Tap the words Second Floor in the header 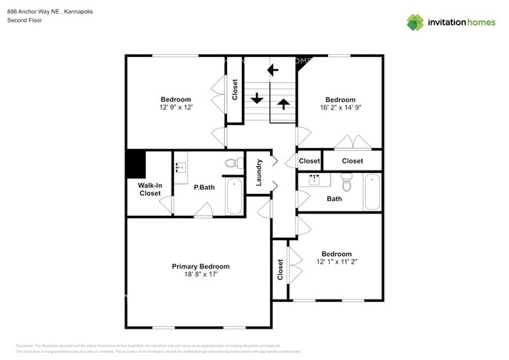23,20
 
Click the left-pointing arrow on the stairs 273,70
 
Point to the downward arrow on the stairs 256,99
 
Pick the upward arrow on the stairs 282,103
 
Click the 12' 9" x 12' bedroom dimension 175,108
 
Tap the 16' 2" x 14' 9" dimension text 341,109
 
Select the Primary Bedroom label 200,267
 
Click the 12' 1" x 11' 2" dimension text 336,263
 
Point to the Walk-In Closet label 150,189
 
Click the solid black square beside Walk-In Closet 136,164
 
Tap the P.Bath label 204,187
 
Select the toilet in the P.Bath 232,164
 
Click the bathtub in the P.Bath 234,196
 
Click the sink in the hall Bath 316,180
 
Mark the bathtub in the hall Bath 372,192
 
